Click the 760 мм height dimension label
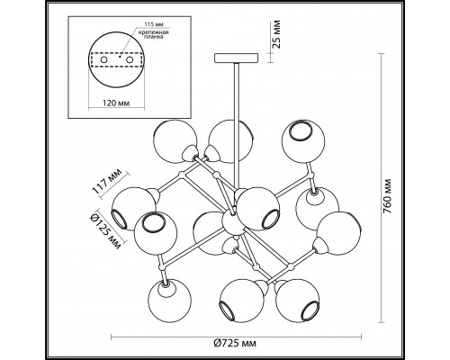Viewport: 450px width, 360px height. point(388,196)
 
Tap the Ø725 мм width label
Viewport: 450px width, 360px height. point(236,343)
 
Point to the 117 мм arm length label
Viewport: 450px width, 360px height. point(107,182)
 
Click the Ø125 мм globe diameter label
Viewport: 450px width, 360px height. point(105,229)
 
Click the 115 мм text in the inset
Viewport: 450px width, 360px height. point(151,24)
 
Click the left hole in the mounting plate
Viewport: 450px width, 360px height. point(103,59)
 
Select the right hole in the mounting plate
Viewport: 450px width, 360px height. point(130,59)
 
